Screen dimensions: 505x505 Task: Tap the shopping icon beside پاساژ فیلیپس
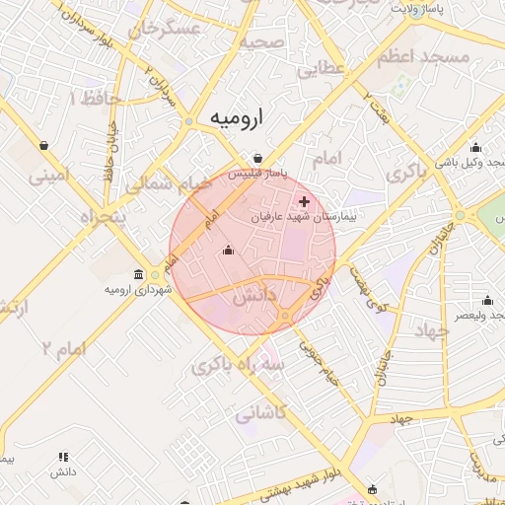257,158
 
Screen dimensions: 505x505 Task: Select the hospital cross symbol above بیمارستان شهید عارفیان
304,201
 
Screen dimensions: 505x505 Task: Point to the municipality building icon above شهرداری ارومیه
137,275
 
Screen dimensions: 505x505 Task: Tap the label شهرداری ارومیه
137,290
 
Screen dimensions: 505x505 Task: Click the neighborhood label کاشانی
260,414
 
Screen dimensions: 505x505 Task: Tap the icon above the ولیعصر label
486,301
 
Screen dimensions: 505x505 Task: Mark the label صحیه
260,42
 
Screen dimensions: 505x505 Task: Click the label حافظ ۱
88,98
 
